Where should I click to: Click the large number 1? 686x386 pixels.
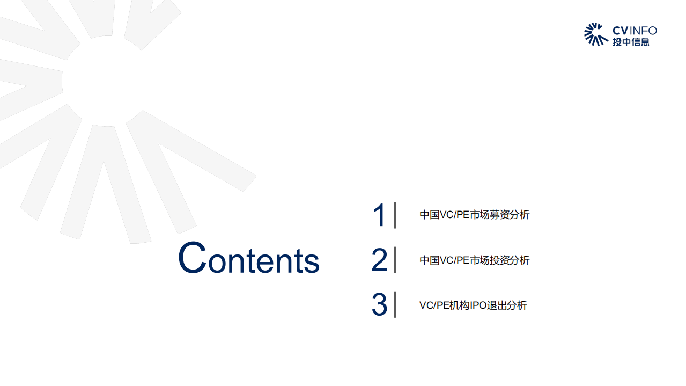[379, 215]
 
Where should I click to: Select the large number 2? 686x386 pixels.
[379, 260]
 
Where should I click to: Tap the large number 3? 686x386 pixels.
[379, 305]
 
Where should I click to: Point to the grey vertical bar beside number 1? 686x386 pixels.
[395, 215]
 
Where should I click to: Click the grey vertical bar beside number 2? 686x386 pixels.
[395, 260]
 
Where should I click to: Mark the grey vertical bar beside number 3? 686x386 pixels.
[395, 304]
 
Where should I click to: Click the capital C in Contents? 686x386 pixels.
[192, 258]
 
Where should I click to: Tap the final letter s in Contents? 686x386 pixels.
[312, 262]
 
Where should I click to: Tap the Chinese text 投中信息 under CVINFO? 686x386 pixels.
[631, 42]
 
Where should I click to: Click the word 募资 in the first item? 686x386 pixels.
[495, 215]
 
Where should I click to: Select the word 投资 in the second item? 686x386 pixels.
[495, 260]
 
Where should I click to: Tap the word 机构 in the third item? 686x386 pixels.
[460, 305]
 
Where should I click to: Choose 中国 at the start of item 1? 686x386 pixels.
[429, 215]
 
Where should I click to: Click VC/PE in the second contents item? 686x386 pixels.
[454, 260]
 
